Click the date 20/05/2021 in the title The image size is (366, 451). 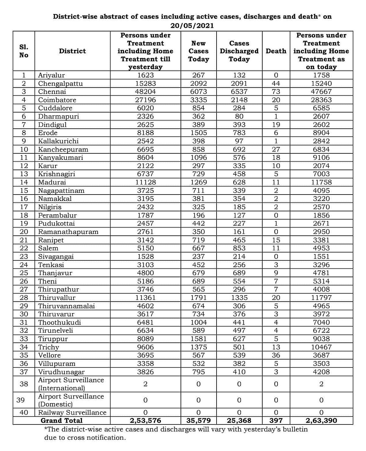pyautogui.click(x=192, y=26)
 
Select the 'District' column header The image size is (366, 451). pyautogui.click(x=72, y=51)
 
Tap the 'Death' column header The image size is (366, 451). pyautogui.click(x=276, y=51)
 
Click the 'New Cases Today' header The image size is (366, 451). pyautogui.click(x=198, y=51)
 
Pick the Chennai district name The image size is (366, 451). pyautogui.click(x=52, y=91)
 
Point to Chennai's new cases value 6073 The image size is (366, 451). pyautogui.click(x=198, y=91)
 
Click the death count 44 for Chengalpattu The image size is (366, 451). pyautogui.click(x=276, y=83)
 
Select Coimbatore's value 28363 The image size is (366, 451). pyautogui.click(x=321, y=100)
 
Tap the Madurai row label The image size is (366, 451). pyautogui.click(x=52, y=182)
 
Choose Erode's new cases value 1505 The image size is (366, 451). pyautogui.click(x=198, y=133)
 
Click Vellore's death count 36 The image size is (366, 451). pyautogui.click(x=276, y=355)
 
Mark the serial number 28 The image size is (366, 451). pyautogui.click(x=23, y=298)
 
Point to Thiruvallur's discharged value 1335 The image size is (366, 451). pyautogui.click(x=239, y=298)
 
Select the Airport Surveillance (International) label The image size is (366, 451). pyautogui.click(x=71, y=384)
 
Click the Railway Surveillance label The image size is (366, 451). pyautogui.click(x=72, y=413)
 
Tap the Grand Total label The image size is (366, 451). pyautogui.click(x=62, y=421)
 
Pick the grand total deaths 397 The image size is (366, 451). pyautogui.click(x=276, y=421)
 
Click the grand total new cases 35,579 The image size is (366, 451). pyautogui.click(x=198, y=421)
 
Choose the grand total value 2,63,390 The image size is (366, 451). pyautogui.click(x=321, y=421)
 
